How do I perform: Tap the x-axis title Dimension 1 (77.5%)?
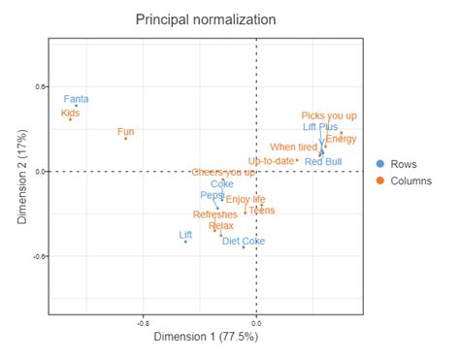(204, 337)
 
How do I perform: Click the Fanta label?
(76, 99)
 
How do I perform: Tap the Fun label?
(126, 131)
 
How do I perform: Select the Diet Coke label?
(243, 241)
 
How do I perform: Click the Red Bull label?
(322, 161)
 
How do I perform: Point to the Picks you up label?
(328, 115)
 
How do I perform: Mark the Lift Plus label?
(320, 127)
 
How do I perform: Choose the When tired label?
(293, 147)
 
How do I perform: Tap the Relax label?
(220, 226)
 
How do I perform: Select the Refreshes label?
(214, 214)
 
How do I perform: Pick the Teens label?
(261, 210)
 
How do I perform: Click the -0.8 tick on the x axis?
(143, 322)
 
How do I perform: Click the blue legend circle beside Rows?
(381, 165)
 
